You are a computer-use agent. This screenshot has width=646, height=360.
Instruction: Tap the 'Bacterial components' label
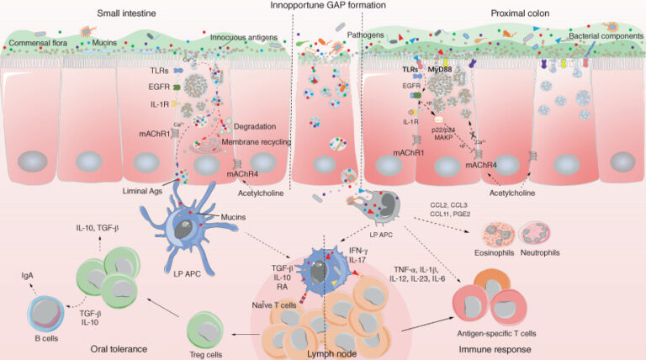tap(598, 39)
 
